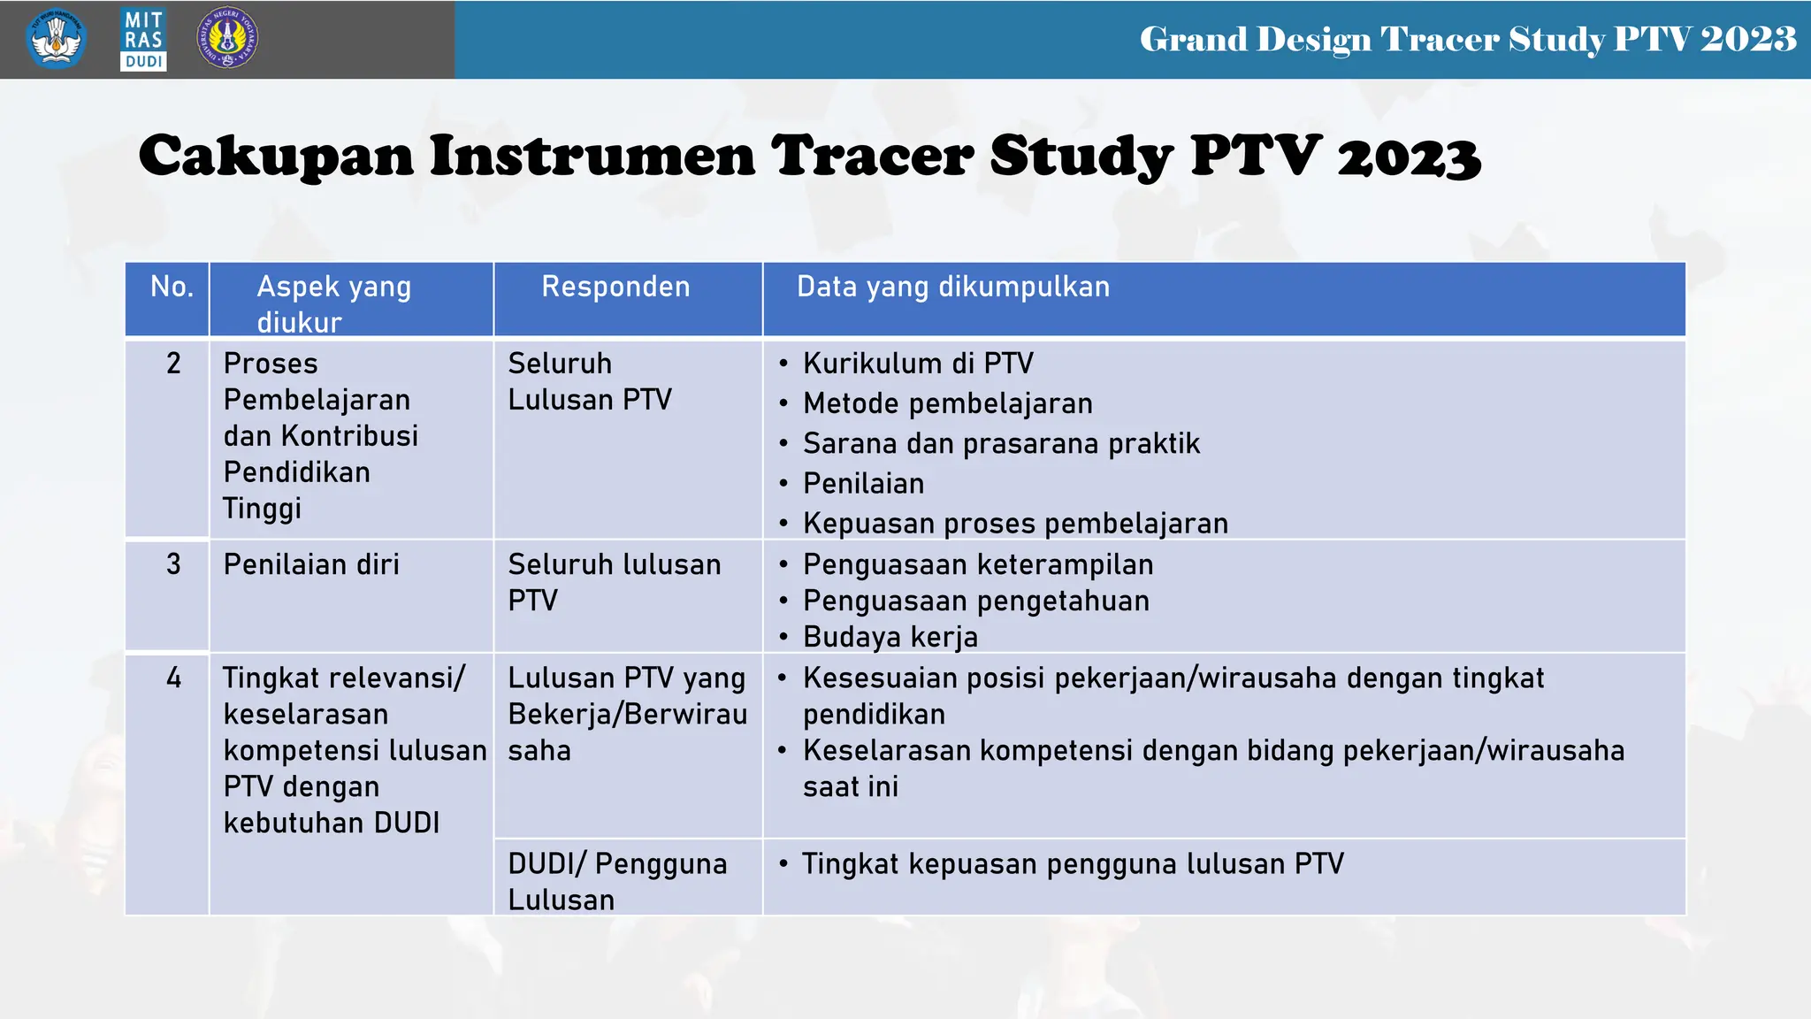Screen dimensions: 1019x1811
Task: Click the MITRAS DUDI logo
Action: click(143, 40)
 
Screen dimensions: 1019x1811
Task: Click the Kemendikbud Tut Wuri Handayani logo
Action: click(57, 39)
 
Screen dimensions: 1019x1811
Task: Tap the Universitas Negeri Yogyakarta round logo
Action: click(227, 38)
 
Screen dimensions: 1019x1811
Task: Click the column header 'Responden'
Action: click(615, 287)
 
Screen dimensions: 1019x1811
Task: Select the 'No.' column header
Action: click(172, 287)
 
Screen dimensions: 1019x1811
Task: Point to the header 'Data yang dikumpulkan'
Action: click(952, 287)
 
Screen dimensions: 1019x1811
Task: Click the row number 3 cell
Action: click(173, 564)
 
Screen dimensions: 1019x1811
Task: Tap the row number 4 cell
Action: click(173, 678)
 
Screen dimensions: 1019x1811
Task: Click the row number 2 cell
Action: click(173, 364)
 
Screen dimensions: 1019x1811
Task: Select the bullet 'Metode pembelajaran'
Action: click(947, 403)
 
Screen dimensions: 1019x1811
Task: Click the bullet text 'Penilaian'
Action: click(863, 484)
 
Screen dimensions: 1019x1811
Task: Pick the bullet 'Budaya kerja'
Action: click(890, 637)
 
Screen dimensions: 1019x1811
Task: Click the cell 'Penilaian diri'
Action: click(311, 564)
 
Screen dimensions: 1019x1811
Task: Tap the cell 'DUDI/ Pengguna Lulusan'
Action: click(617, 881)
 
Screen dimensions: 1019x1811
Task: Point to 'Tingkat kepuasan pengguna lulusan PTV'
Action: click(1072, 863)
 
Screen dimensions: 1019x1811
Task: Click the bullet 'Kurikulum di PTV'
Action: click(918, 364)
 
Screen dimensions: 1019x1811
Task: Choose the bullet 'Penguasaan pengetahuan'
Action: click(975, 601)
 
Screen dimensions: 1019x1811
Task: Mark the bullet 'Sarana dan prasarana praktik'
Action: click(1001, 443)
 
